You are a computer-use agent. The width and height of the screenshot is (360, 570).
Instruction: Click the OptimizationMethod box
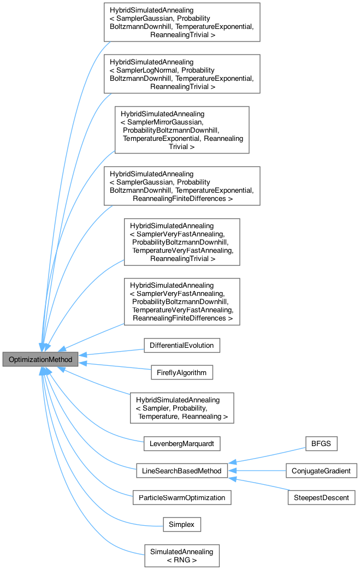pyautogui.click(x=40, y=359)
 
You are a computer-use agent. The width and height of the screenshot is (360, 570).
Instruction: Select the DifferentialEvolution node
pyautogui.click(x=181, y=345)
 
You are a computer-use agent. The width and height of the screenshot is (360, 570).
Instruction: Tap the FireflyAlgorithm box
pyautogui.click(x=181, y=372)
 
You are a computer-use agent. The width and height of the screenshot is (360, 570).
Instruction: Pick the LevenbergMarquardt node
pyautogui.click(x=181, y=443)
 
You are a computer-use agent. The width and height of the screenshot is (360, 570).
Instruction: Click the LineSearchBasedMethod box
pyautogui.click(x=181, y=470)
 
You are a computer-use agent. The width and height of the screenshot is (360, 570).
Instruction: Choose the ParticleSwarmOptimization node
pyautogui.click(x=181, y=497)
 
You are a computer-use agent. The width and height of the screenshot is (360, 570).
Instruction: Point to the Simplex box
pyautogui.click(x=182, y=525)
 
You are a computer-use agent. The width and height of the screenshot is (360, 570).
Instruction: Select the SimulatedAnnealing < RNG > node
pyautogui.click(x=181, y=556)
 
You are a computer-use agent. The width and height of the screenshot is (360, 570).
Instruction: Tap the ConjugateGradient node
pyautogui.click(x=321, y=470)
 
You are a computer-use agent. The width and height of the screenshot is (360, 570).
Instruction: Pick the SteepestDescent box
pyautogui.click(x=321, y=497)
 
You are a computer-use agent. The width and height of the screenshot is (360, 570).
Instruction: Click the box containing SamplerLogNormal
pyautogui.click(x=182, y=74)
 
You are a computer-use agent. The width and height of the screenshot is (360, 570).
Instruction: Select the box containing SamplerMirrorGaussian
pyautogui.click(x=182, y=129)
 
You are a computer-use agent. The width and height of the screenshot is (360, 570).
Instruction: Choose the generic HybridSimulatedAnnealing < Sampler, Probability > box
pyautogui.click(x=182, y=407)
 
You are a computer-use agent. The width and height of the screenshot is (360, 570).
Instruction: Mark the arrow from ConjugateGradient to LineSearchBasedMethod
pyautogui.click(x=257, y=470)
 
